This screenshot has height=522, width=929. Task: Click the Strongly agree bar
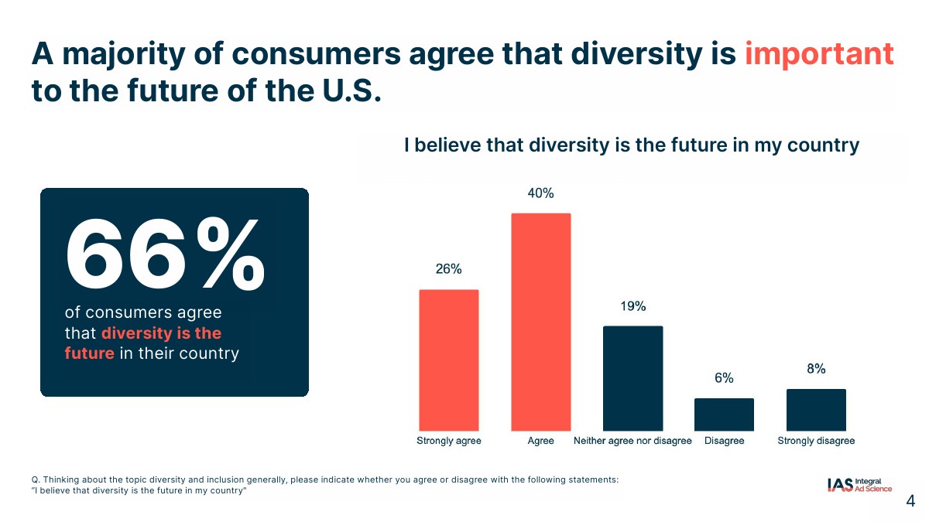point(449,360)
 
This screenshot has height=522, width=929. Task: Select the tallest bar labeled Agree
point(540,322)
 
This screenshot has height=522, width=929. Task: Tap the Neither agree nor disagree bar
point(632,378)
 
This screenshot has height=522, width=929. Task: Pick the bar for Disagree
point(724,415)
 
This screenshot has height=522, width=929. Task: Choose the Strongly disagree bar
point(816,410)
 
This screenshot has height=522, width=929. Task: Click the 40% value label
point(540,193)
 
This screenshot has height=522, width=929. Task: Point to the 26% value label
point(449,269)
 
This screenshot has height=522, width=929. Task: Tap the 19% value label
point(632,306)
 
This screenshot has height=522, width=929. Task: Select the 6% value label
point(724,378)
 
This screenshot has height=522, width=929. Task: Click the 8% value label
point(816,369)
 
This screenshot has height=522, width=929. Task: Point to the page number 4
point(910,501)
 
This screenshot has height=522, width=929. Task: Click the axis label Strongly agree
point(449,441)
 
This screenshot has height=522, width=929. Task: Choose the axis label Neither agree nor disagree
point(632,441)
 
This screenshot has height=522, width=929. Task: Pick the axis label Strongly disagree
point(816,441)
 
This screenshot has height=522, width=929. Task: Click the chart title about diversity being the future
point(632,145)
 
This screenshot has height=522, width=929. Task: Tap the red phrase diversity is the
point(161,333)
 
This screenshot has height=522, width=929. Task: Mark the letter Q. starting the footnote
point(26,479)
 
